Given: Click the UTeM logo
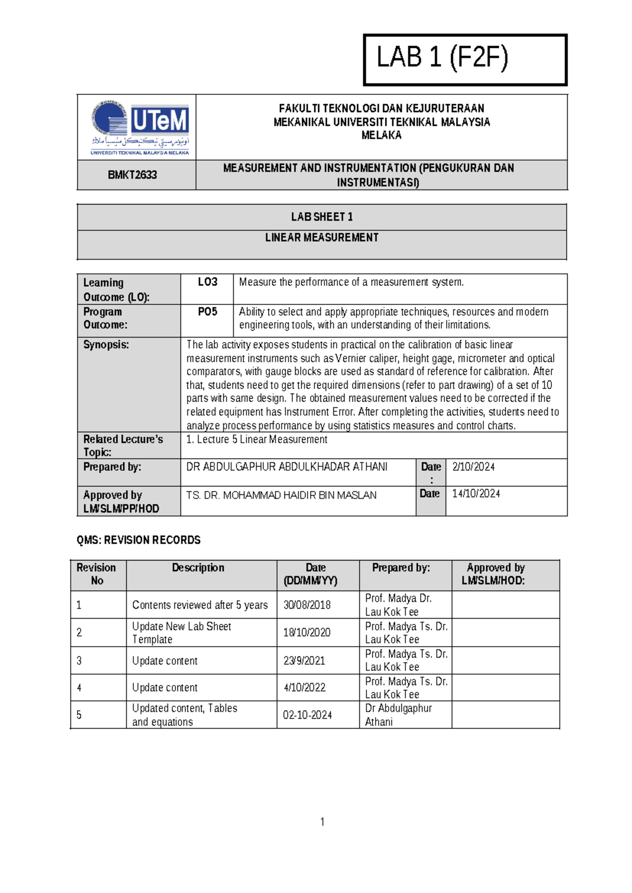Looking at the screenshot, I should pos(140,127).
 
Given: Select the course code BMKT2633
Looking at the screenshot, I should pos(132,175).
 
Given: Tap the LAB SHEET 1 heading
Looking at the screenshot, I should pos(322,217).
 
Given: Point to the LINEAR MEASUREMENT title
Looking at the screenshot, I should pos(322,237).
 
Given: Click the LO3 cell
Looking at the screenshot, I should pos(208,282).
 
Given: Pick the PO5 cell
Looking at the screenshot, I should pos(208,312).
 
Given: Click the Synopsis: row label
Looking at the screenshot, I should pos(106,345).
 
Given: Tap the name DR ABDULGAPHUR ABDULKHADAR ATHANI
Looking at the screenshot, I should pos(287,467).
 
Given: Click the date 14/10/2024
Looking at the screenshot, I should pos(476,494).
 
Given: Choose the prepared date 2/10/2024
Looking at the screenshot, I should pos(473,467).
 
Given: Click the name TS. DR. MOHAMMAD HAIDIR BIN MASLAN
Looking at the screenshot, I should pos(281,495).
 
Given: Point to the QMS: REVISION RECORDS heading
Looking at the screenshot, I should pos(139,540).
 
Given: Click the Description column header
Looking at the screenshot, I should pos(198,568).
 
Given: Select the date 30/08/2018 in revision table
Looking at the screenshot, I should pos(307,605).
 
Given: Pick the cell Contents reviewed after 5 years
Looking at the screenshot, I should pos(200,605).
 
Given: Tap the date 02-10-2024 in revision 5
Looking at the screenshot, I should pos(307,715).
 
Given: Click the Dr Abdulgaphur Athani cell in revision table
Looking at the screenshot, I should pos(398,715).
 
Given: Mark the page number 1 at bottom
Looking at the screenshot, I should pos(322,822).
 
